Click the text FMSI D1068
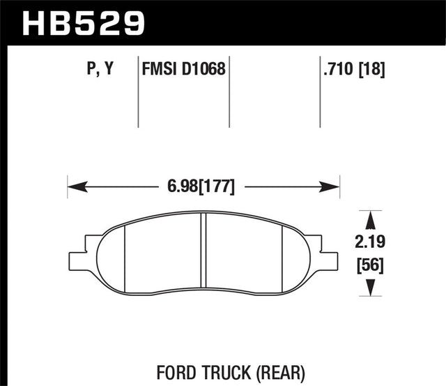184,70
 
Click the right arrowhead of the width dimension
332,187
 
